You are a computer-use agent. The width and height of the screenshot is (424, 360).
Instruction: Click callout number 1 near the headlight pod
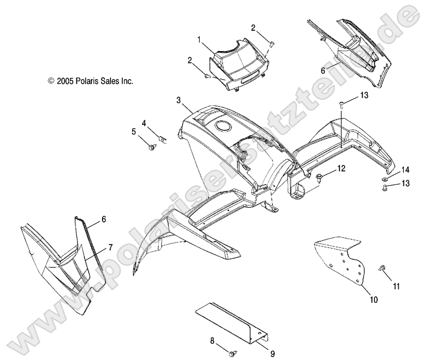tap(200, 40)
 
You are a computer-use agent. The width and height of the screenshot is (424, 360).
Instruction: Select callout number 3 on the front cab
tap(179, 100)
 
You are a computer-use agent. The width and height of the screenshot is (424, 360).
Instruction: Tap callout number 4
tap(144, 123)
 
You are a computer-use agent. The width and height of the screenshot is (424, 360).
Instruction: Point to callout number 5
tap(134, 132)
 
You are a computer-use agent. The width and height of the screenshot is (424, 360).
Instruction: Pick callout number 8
tap(212, 341)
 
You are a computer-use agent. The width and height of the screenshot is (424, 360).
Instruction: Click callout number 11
tap(396, 286)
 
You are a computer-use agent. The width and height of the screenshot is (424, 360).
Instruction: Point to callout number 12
tap(341, 167)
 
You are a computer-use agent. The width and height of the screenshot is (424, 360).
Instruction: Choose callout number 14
tap(405, 169)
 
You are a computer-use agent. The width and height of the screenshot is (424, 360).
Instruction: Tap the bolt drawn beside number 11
tap(381, 269)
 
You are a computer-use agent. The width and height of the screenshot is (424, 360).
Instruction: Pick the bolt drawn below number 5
tap(152, 148)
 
